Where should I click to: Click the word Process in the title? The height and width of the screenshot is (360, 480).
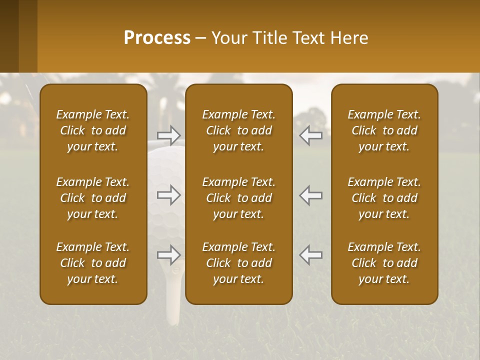[157, 38]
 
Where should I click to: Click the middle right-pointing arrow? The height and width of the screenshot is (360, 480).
[168, 195]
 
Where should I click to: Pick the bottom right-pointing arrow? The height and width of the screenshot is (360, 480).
[168, 255]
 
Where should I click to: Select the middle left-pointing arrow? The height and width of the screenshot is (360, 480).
[311, 195]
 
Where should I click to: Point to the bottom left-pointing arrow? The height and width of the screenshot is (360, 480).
[311, 255]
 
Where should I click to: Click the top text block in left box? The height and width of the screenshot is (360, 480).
[93, 130]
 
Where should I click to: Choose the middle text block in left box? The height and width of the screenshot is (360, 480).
[93, 198]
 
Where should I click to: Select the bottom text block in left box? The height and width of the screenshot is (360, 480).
[93, 263]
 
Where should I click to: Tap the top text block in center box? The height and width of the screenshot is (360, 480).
[238, 130]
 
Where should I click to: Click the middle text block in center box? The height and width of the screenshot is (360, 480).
[238, 198]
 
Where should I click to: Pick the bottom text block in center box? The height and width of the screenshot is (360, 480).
[238, 263]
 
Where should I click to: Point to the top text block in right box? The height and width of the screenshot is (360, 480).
[384, 130]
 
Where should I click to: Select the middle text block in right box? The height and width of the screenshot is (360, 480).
[384, 198]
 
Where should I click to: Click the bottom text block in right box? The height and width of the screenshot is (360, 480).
[384, 263]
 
